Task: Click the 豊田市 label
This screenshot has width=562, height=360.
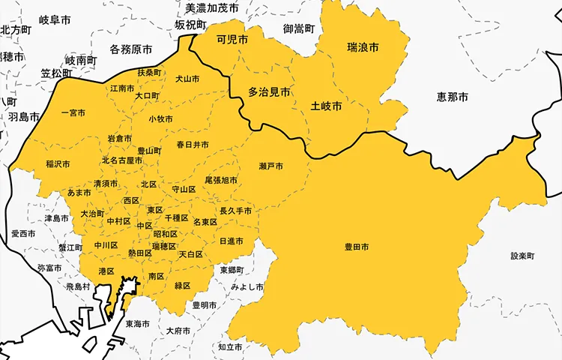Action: tap(357, 247)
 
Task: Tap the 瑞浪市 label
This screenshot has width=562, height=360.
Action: tap(363, 47)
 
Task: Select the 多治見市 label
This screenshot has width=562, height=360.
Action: tap(270, 92)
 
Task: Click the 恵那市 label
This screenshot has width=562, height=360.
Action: tap(453, 97)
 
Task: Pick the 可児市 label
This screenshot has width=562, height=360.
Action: tap(232, 40)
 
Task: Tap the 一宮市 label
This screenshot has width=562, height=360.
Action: tap(72, 113)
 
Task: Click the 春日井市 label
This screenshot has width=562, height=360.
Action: tap(193, 144)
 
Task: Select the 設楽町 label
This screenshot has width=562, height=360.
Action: tap(523, 256)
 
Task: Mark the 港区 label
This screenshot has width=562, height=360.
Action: tap(106, 271)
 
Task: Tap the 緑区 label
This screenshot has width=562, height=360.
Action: tap(182, 286)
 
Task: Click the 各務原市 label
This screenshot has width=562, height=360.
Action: tap(131, 49)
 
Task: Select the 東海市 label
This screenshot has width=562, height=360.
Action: tap(138, 324)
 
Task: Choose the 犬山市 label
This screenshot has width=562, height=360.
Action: tap(187, 79)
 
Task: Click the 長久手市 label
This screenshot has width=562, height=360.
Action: tap(235, 211)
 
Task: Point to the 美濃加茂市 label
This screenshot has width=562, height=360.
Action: tap(212, 8)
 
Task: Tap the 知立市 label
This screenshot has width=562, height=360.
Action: tap(230, 347)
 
